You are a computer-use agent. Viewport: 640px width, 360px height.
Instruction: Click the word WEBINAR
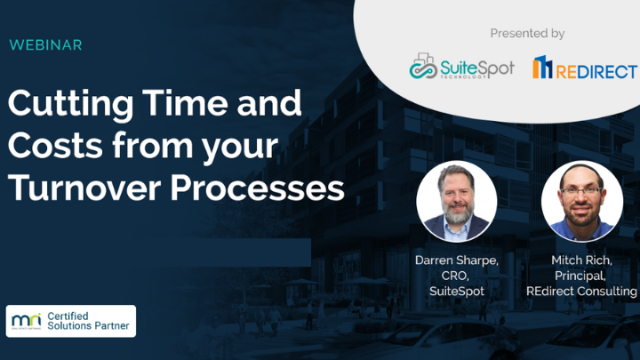45,44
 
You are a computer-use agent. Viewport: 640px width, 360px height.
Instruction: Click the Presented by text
527,34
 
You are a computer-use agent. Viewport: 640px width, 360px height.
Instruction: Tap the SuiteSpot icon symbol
423,66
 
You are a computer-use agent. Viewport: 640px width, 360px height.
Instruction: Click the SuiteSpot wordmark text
477,68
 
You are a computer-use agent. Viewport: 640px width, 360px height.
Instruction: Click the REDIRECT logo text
597,70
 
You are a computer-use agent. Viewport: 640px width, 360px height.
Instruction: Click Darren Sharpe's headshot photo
457,201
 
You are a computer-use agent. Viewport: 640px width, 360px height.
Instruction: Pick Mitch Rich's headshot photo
581,201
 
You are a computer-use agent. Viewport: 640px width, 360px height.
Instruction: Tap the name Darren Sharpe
456,260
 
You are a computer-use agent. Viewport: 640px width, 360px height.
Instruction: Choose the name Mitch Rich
581,260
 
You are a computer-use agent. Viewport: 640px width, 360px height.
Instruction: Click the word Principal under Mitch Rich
581,276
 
